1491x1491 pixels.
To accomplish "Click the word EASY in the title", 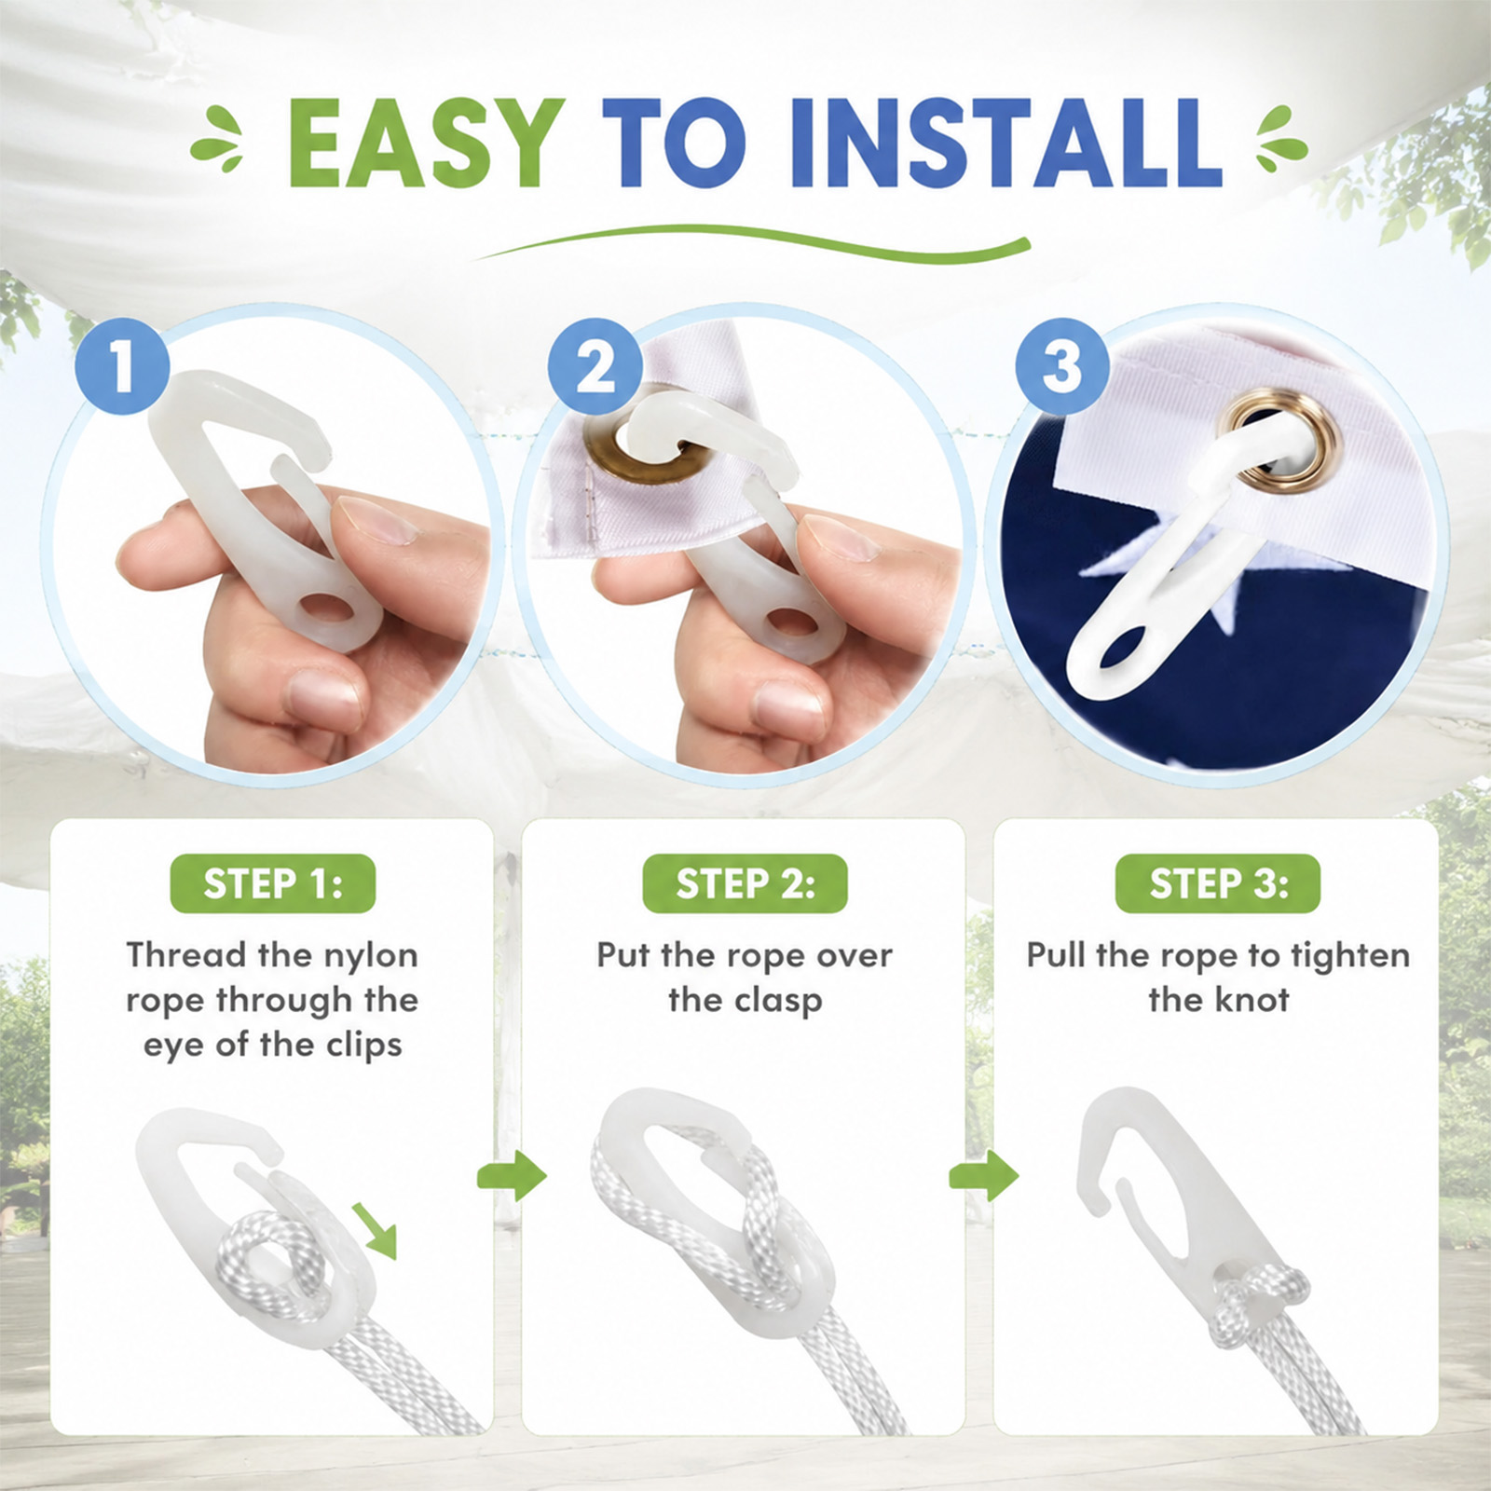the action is click(x=426, y=145).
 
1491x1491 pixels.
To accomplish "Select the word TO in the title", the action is click(x=675, y=145).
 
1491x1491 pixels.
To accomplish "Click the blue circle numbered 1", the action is click(x=121, y=366).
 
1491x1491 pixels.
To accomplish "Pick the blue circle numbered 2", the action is click(x=595, y=366).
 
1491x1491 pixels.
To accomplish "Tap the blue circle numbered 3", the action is click(x=1061, y=366).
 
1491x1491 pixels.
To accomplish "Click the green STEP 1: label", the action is click(x=273, y=883).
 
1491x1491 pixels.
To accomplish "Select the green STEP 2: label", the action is click(x=745, y=883).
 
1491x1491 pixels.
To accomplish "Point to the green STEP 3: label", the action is click(x=1218, y=883).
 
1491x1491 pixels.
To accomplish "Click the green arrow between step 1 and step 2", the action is click(x=512, y=1177).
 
